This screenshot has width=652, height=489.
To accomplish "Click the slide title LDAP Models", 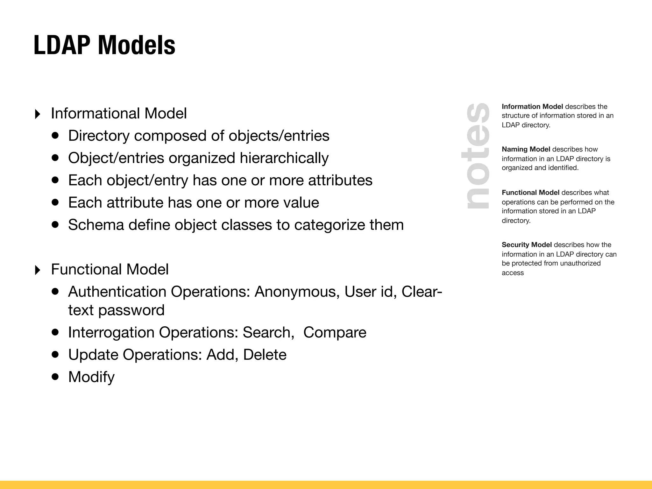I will click(104, 45).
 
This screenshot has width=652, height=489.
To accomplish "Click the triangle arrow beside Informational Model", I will click(38, 114).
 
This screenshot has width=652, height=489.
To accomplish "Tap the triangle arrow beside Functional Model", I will click(38, 270).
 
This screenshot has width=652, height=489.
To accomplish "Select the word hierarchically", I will click(284, 158).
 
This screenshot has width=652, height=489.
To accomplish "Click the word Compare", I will click(335, 333).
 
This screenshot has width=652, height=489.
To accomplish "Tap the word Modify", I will click(91, 377).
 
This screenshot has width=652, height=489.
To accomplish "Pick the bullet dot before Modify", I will click(55, 377).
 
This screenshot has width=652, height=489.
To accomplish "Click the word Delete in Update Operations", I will click(265, 355).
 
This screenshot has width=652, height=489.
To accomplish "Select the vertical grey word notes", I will click(477, 156).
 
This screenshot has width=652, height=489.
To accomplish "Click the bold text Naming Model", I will click(526, 149).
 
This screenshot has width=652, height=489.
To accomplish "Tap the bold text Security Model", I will click(527, 245).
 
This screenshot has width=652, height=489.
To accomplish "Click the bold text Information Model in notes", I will click(532, 107).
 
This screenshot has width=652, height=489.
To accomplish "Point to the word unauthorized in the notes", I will click(580, 263).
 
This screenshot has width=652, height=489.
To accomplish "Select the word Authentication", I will click(117, 292).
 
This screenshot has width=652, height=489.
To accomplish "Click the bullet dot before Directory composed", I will click(55, 136).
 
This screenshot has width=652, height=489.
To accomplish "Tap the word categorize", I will click(329, 225).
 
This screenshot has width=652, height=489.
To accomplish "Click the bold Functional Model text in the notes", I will click(530, 193).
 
